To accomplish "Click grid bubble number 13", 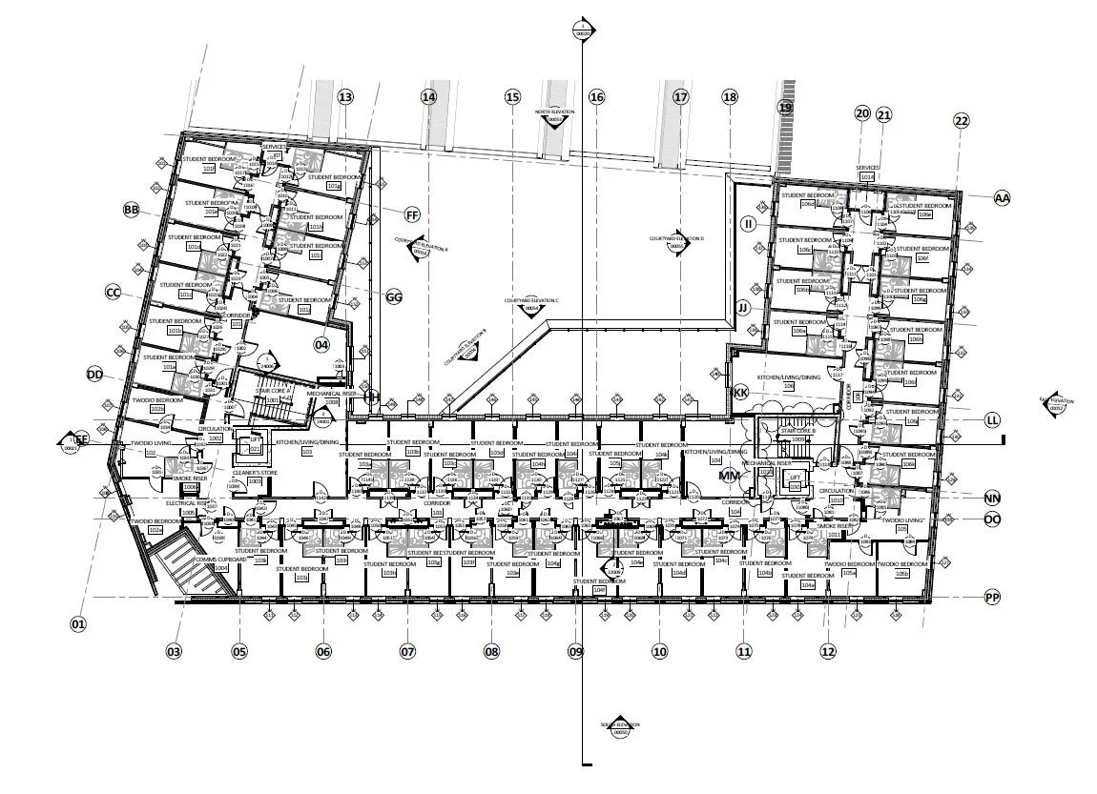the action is [x=345, y=96].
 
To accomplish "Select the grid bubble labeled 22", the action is [x=961, y=120].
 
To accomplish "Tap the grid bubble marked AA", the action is [x=1001, y=198].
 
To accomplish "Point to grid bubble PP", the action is [x=993, y=598].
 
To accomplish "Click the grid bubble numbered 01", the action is [x=78, y=624].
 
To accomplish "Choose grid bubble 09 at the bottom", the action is [x=575, y=652].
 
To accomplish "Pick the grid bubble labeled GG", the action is [x=394, y=297].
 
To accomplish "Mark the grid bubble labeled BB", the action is [x=132, y=210].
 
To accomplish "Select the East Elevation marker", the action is [x=1054, y=405].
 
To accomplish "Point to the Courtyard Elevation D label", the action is [x=676, y=238].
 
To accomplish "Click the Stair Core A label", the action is [x=273, y=392].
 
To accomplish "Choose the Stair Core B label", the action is [x=795, y=432].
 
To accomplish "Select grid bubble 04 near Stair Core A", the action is [x=321, y=345].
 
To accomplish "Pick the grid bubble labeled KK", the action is [x=740, y=393].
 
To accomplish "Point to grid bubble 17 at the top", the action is [x=680, y=96].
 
